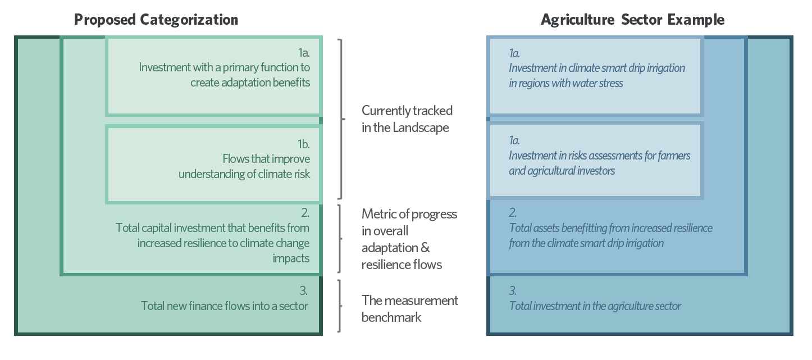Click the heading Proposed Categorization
tap(156, 20)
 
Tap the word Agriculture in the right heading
tap(577, 20)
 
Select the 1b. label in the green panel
tap(303, 144)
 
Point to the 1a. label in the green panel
tap(304, 53)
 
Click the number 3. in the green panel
tap(303, 290)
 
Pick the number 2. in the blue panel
tap(513, 212)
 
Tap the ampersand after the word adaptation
tap(425, 248)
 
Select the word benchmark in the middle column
tap(391, 317)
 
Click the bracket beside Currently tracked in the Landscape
tap(341, 119)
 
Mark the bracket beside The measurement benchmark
tap(340, 306)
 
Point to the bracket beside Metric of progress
tap(340, 239)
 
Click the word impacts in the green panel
tap(291, 259)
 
